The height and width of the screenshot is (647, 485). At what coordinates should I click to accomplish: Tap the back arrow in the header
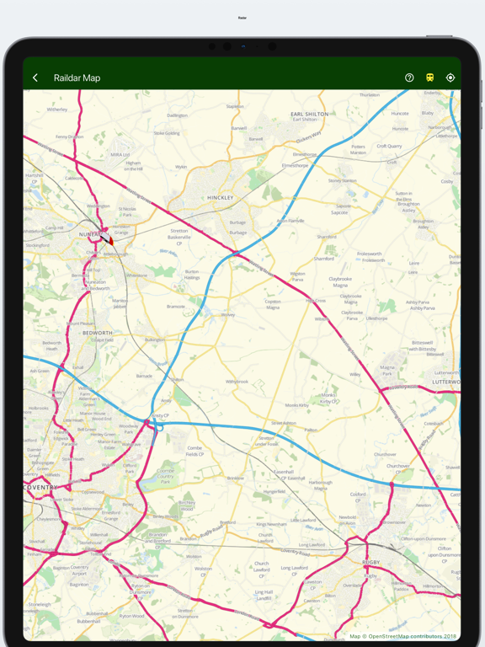click(x=35, y=78)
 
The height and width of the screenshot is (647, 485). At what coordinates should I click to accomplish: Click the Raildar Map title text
click(x=77, y=78)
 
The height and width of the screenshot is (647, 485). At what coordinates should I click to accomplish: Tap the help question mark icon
click(x=409, y=78)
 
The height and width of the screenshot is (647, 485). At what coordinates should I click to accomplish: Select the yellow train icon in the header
click(x=429, y=78)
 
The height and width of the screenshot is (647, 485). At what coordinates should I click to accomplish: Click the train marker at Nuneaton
click(x=109, y=240)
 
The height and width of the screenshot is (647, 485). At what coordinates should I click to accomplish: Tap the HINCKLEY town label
click(x=220, y=198)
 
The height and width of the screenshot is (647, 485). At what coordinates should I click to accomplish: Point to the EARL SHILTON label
click(x=309, y=114)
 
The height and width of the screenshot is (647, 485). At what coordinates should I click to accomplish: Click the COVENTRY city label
click(x=41, y=488)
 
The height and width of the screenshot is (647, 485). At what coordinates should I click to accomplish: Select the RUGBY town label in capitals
click(x=371, y=562)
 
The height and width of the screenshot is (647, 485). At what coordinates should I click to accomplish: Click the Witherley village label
click(x=57, y=110)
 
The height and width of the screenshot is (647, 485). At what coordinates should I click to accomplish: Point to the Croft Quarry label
click(x=389, y=146)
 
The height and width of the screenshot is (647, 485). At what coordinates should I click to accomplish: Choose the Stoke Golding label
click(x=167, y=133)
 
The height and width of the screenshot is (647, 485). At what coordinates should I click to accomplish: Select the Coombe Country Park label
click(x=165, y=475)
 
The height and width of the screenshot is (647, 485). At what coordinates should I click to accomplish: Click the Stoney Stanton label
click(x=343, y=180)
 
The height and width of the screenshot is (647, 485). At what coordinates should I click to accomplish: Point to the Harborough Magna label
click(x=320, y=484)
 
